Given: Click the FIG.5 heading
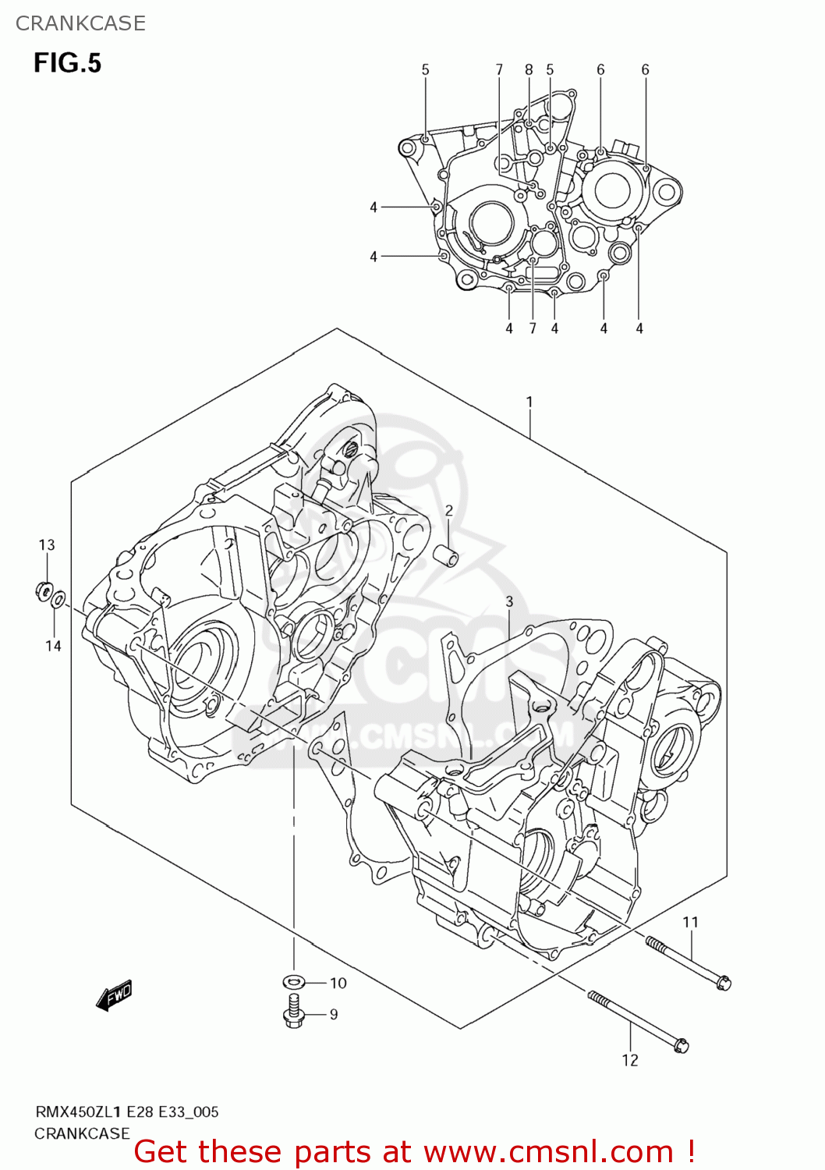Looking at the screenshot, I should pos(67,62).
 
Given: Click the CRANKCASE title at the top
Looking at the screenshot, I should pos(80,23).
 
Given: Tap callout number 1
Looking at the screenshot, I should pos(529,402).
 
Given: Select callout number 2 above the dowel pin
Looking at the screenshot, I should pos(449,511).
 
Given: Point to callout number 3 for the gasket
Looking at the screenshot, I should pos(509,601).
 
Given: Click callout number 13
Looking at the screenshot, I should pos(47,545).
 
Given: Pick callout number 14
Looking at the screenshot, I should pos(53,646).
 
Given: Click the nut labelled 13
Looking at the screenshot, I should pos(44,591).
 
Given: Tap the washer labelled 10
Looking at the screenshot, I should pos(293,981).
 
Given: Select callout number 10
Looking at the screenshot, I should pos(338,983).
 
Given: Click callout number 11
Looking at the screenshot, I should pos(691,923).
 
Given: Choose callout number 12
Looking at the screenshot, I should pos(630,1060).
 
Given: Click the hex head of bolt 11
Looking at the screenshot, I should pos(723,984).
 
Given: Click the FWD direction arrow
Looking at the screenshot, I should pos(114,995).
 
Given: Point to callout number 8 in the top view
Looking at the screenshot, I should pos(529,70).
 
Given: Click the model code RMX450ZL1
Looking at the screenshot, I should pos(77,1112).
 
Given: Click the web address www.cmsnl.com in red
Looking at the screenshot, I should pos(548,1152).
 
